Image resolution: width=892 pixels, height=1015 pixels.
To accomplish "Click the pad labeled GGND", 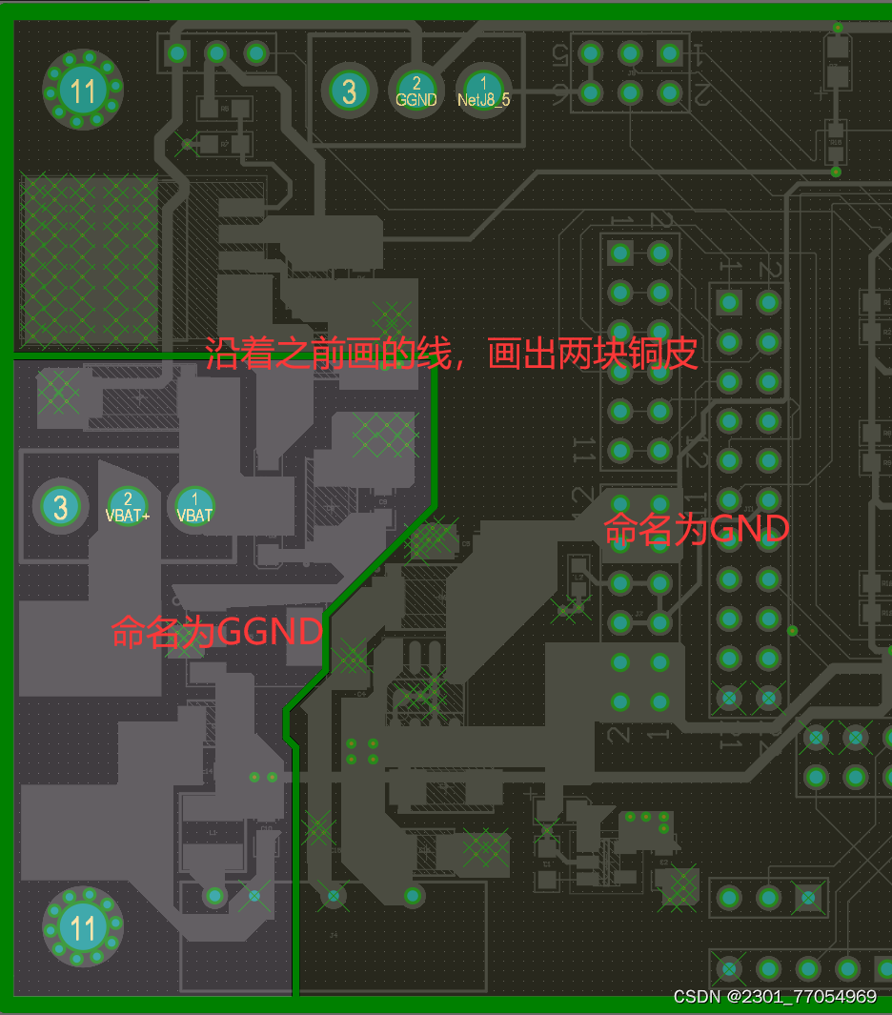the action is pos(416,91).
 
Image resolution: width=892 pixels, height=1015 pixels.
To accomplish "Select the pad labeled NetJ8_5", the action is pos(483,91).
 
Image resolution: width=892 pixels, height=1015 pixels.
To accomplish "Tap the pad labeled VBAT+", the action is pos(128,506).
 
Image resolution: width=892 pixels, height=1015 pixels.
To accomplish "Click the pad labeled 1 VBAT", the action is pos(195,506).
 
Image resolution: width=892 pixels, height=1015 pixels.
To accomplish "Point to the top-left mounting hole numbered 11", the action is pos(83,91).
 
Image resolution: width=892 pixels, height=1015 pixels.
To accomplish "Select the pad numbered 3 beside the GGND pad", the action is pos(349,91).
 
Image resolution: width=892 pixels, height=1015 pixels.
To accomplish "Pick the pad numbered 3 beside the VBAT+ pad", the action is pos(61,506).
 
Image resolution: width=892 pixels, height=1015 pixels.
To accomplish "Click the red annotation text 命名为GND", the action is pos(697,529).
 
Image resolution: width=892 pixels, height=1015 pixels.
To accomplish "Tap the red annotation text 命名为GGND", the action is pos(217,631).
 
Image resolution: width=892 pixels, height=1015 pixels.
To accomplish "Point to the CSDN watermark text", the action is pos(774,997).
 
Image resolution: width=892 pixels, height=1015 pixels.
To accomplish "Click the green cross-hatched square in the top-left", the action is pos(89,259).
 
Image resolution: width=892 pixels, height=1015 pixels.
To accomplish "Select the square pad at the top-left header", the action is pos(176,53).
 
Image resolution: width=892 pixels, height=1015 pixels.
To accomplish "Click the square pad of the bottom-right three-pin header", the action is pos(808,897).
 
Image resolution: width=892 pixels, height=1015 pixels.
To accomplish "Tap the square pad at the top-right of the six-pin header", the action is pos(669,53).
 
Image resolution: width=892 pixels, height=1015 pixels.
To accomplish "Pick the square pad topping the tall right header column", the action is pos(730,303).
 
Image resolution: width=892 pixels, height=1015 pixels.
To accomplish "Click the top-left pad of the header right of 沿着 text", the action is pos(620,254).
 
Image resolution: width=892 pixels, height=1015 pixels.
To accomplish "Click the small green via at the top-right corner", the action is pos(837,28).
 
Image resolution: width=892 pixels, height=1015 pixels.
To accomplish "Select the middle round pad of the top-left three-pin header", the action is pos(216,53).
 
